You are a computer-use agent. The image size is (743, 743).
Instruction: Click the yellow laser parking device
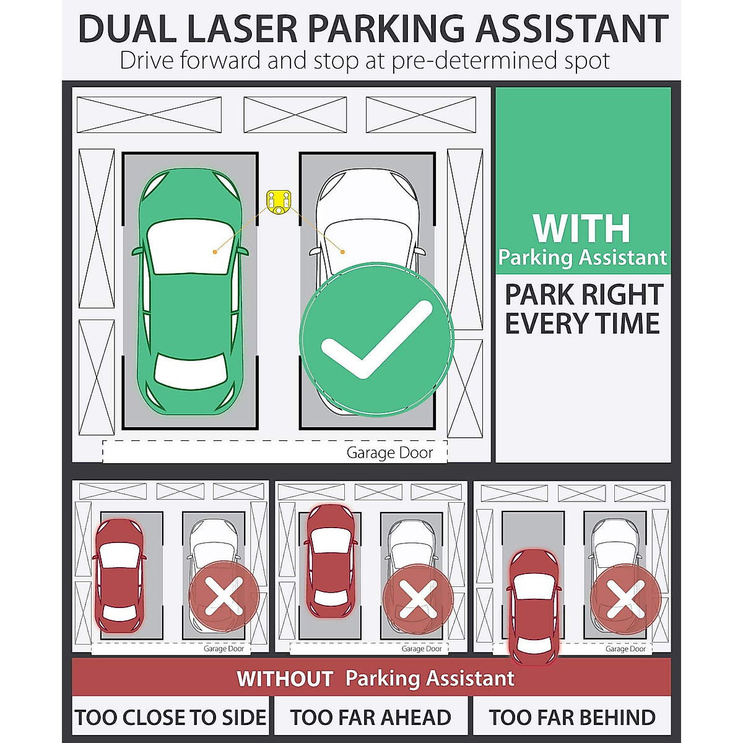pyautogui.click(x=279, y=201)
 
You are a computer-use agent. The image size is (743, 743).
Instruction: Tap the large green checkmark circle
pyautogui.click(x=376, y=339)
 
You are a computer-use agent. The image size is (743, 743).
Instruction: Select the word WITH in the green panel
pyautogui.click(x=581, y=228)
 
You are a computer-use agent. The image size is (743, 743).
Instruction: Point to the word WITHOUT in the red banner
pyautogui.click(x=285, y=679)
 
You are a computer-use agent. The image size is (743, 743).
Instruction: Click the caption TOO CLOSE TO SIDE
pyautogui.click(x=171, y=718)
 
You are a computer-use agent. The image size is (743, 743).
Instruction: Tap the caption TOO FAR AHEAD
pyautogui.click(x=370, y=718)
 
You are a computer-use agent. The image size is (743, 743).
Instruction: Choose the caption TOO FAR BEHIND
pyautogui.click(x=572, y=718)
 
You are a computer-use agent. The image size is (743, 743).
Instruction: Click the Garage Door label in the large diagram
pyautogui.click(x=389, y=453)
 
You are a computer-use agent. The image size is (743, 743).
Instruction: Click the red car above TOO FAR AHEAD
pyautogui.click(x=332, y=561)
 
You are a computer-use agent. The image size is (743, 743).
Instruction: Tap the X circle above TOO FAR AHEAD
pyautogui.click(x=418, y=599)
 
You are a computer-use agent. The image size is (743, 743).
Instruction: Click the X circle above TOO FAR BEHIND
pyautogui.click(x=626, y=599)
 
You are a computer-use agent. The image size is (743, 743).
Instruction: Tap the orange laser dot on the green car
pyautogui.click(x=214, y=251)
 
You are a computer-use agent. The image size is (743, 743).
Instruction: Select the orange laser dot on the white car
pyautogui.click(x=342, y=251)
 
